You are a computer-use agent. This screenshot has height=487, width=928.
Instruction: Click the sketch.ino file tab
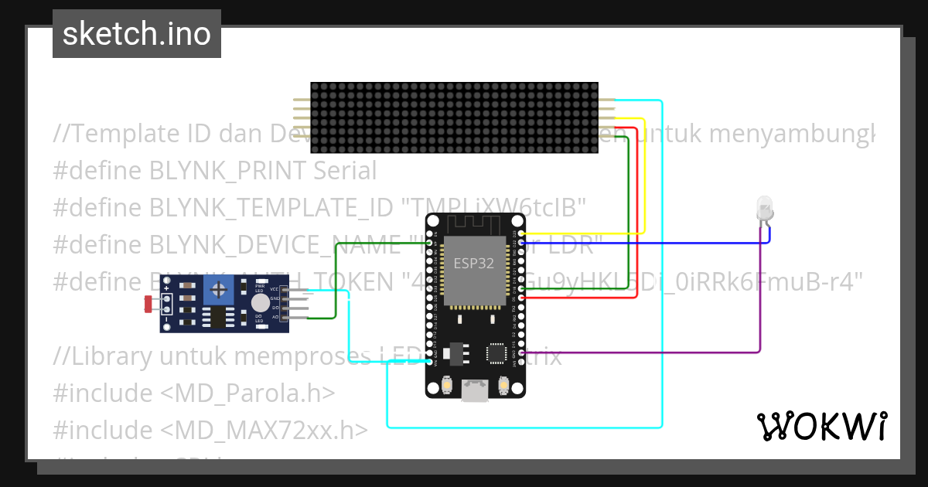tap(136, 34)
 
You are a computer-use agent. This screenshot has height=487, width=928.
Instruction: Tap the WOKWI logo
tap(821, 426)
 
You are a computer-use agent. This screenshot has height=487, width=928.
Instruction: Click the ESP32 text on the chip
tap(474, 263)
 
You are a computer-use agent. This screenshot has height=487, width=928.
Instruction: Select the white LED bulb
tap(764, 208)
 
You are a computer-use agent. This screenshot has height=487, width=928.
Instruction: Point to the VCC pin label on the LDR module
tap(274, 289)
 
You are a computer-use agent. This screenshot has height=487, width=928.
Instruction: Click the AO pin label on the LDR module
tap(274, 317)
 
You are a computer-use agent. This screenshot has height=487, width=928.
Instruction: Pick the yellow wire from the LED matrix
tap(644, 178)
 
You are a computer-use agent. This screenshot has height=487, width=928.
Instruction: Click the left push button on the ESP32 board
tap(446, 384)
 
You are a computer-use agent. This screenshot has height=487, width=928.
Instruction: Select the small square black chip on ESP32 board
tap(496, 353)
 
